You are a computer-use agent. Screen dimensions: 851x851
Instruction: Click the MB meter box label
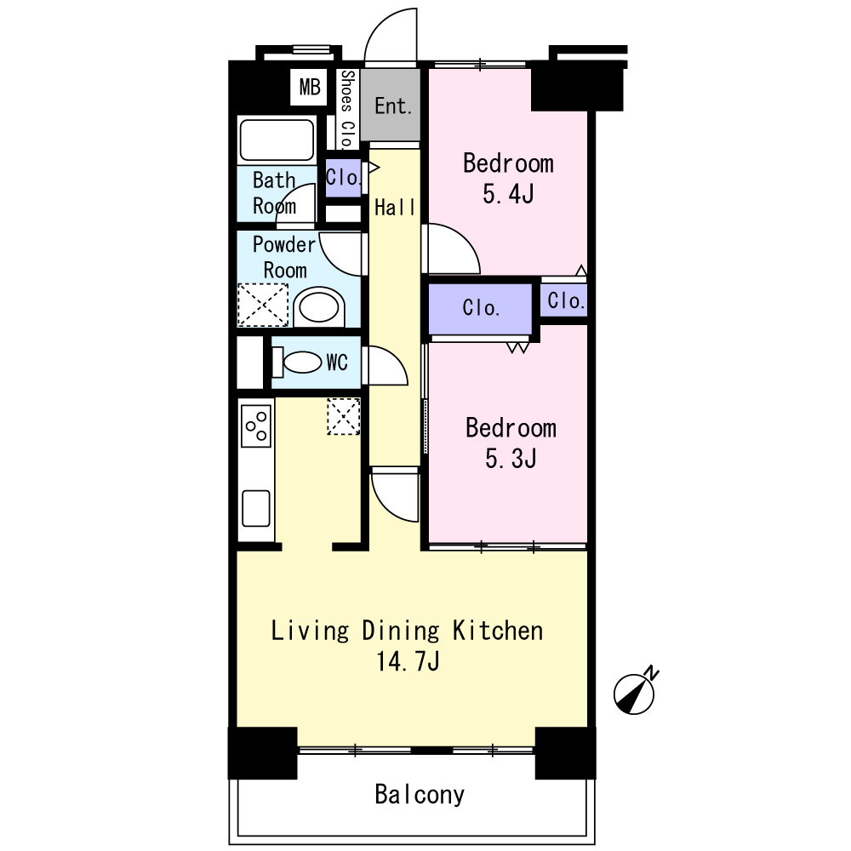pos(310,87)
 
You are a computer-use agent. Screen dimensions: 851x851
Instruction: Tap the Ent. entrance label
pos(393,106)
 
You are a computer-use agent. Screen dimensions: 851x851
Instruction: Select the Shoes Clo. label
pos(347,110)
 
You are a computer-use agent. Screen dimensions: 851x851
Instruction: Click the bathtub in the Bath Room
pos(277,140)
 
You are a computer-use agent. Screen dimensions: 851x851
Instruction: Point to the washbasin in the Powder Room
pos(318,307)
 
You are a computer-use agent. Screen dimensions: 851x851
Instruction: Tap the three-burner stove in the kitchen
pos(256,426)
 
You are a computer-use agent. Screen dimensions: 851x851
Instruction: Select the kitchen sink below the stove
pos(256,509)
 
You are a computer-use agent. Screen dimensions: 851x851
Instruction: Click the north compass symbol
pos(635,692)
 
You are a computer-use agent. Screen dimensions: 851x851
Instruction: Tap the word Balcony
pos(420,795)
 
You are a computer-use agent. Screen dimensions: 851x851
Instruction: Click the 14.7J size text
pos(408,661)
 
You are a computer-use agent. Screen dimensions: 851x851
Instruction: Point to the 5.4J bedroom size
pos(508,194)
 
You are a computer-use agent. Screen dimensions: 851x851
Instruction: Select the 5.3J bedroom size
pos(511,459)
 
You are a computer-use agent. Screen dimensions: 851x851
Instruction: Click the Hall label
pos(395,208)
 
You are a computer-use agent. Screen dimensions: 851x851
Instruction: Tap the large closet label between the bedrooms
pos(481,308)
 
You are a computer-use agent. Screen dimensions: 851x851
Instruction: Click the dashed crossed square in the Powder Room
pos(263,305)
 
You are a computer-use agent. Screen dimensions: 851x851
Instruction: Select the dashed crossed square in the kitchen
pos(344,416)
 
